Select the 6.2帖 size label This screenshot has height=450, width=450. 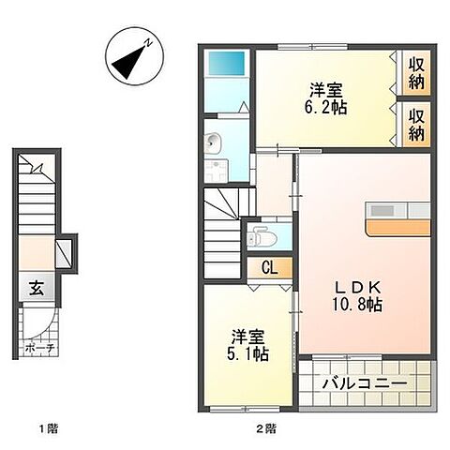tap(326, 108)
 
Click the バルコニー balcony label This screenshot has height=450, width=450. tap(365, 384)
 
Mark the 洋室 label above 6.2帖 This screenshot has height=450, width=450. tap(327, 89)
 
